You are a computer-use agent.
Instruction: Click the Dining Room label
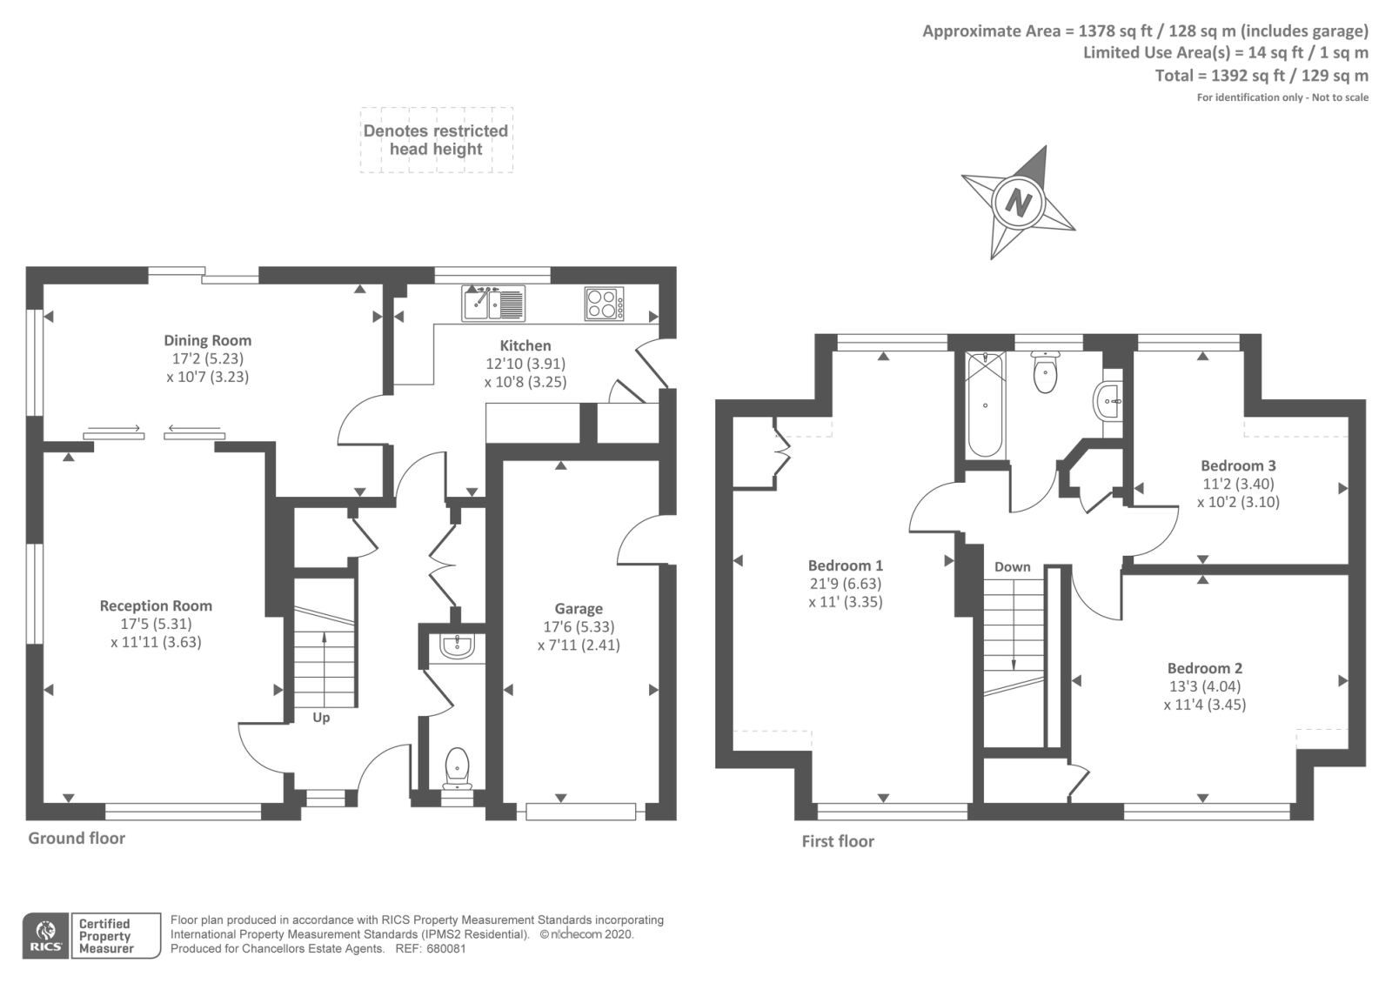(207, 340)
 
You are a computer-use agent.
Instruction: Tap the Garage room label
(579, 609)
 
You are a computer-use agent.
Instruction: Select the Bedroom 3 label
(1238, 465)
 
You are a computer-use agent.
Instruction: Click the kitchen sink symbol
(492, 304)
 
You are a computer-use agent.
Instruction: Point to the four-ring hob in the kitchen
(604, 304)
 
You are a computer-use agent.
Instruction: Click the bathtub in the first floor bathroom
(985, 404)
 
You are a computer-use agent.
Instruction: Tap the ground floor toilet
(458, 768)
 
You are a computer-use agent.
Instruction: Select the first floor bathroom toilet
(1045, 371)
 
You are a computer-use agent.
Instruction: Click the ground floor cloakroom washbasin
(457, 646)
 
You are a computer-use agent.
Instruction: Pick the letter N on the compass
(1018, 203)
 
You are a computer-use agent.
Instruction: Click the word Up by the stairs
(321, 718)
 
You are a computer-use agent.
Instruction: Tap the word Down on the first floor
(1012, 566)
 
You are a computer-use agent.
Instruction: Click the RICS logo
(46, 935)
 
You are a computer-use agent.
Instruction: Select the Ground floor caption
(77, 838)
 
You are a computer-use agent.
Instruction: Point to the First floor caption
(837, 841)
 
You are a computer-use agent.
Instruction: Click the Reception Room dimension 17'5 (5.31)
(157, 624)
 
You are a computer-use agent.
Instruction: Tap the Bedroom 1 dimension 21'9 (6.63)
(845, 584)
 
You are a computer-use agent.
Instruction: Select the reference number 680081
(445, 948)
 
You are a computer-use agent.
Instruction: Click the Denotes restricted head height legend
(436, 140)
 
